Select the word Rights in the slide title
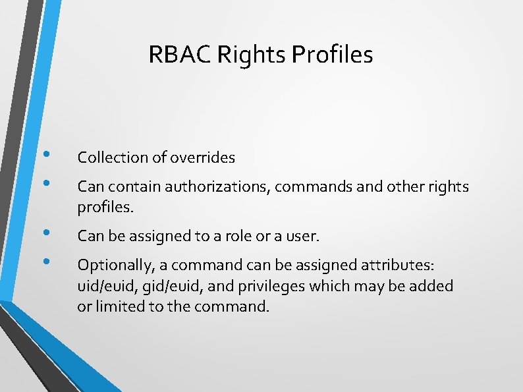243,54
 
